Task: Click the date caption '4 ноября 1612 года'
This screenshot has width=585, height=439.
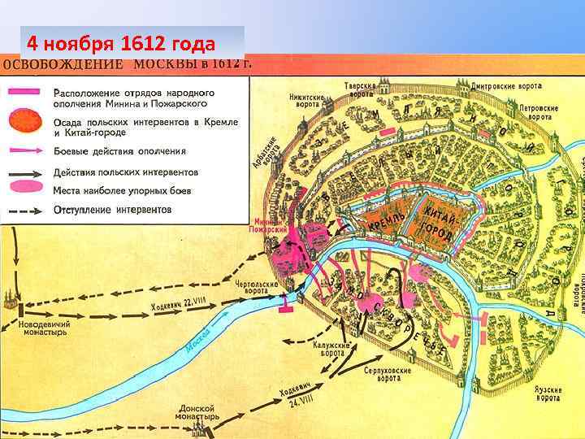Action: pyautogui.click(x=120, y=43)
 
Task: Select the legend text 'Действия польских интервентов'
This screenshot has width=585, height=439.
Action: pyautogui.click(x=125, y=172)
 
